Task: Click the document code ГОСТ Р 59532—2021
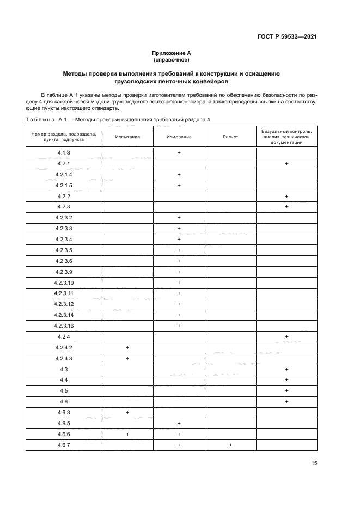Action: click(288, 37)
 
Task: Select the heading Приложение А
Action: click(171, 53)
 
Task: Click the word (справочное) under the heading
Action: click(171, 59)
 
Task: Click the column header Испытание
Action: click(127, 136)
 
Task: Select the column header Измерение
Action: click(179, 136)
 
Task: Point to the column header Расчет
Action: click(230, 136)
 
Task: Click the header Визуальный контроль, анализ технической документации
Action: click(286, 136)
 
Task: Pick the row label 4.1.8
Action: click(64, 153)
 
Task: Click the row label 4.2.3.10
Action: click(64, 283)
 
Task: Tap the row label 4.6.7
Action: click(64, 445)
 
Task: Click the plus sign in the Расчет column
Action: click(230, 445)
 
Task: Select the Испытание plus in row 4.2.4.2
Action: click(127, 347)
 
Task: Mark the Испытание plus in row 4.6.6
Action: click(127, 434)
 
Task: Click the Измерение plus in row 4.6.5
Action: click(179, 423)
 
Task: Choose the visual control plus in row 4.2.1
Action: click(286, 164)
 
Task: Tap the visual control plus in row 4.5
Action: click(286, 391)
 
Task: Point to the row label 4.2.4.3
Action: click(64, 358)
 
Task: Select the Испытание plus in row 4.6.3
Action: click(127, 412)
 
